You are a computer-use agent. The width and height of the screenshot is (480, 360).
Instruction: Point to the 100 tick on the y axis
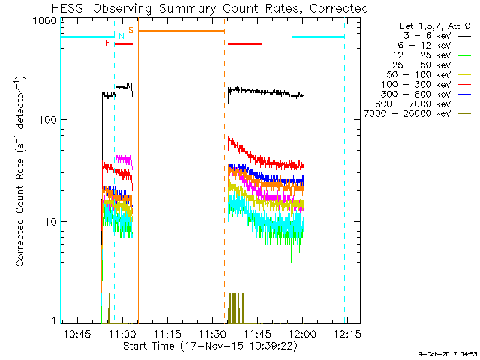pyautogui.click(x=47, y=120)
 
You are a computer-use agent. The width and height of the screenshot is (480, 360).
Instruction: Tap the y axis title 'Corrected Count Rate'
pyautogui.click(x=20, y=171)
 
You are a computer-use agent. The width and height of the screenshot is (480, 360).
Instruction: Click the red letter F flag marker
pyautogui.click(x=108, y=43)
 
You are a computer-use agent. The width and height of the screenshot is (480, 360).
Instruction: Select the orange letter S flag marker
pyautogui.click(x=130, y=30)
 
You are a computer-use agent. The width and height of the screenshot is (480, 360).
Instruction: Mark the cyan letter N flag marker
pyautogui.click(x=121, y=36)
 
